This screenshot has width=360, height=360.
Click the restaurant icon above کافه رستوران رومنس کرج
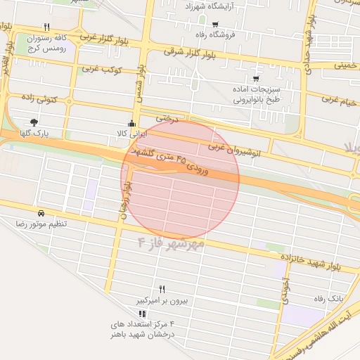(x=46, y=27)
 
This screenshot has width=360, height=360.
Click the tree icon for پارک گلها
(x=34, y=122)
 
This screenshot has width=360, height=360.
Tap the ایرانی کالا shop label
(x=132, y=132)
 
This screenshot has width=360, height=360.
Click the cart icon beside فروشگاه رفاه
(x=214, y=24)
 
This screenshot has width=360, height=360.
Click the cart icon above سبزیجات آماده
(x=255, y=79)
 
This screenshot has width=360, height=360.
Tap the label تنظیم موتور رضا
(x=42, y=223)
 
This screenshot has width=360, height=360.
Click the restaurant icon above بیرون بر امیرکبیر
(x=162, y=289)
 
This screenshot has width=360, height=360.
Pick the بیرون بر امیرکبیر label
(x=163, y=300)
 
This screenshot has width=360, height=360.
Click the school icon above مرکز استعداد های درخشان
(x=142, y=313)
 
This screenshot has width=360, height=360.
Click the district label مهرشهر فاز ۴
(x=171, y=243)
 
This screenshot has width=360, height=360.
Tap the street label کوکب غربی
(x=103, y=70)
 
